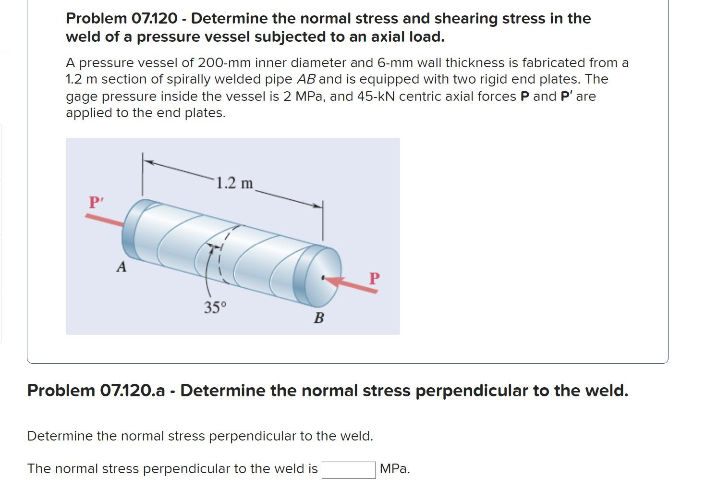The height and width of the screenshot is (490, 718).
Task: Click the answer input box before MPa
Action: tap(349, 469)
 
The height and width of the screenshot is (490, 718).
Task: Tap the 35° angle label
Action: tap(215, 307)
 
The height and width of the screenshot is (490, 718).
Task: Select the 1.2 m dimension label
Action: tap(234, 183)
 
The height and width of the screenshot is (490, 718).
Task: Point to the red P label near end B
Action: tap(375, 278)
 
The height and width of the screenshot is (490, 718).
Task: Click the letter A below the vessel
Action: tap(122, 267)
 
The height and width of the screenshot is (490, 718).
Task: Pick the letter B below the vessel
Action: tap(319, 318)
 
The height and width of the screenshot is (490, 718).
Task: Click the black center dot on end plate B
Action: tap(323, 277)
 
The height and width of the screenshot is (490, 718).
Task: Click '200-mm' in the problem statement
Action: tap(224, 63)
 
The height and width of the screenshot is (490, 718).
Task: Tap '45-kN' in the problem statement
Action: tap(377, 97)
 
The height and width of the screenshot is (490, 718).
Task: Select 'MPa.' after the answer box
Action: tap(395, 469)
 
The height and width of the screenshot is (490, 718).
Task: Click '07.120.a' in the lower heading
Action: tap(132, 391)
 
